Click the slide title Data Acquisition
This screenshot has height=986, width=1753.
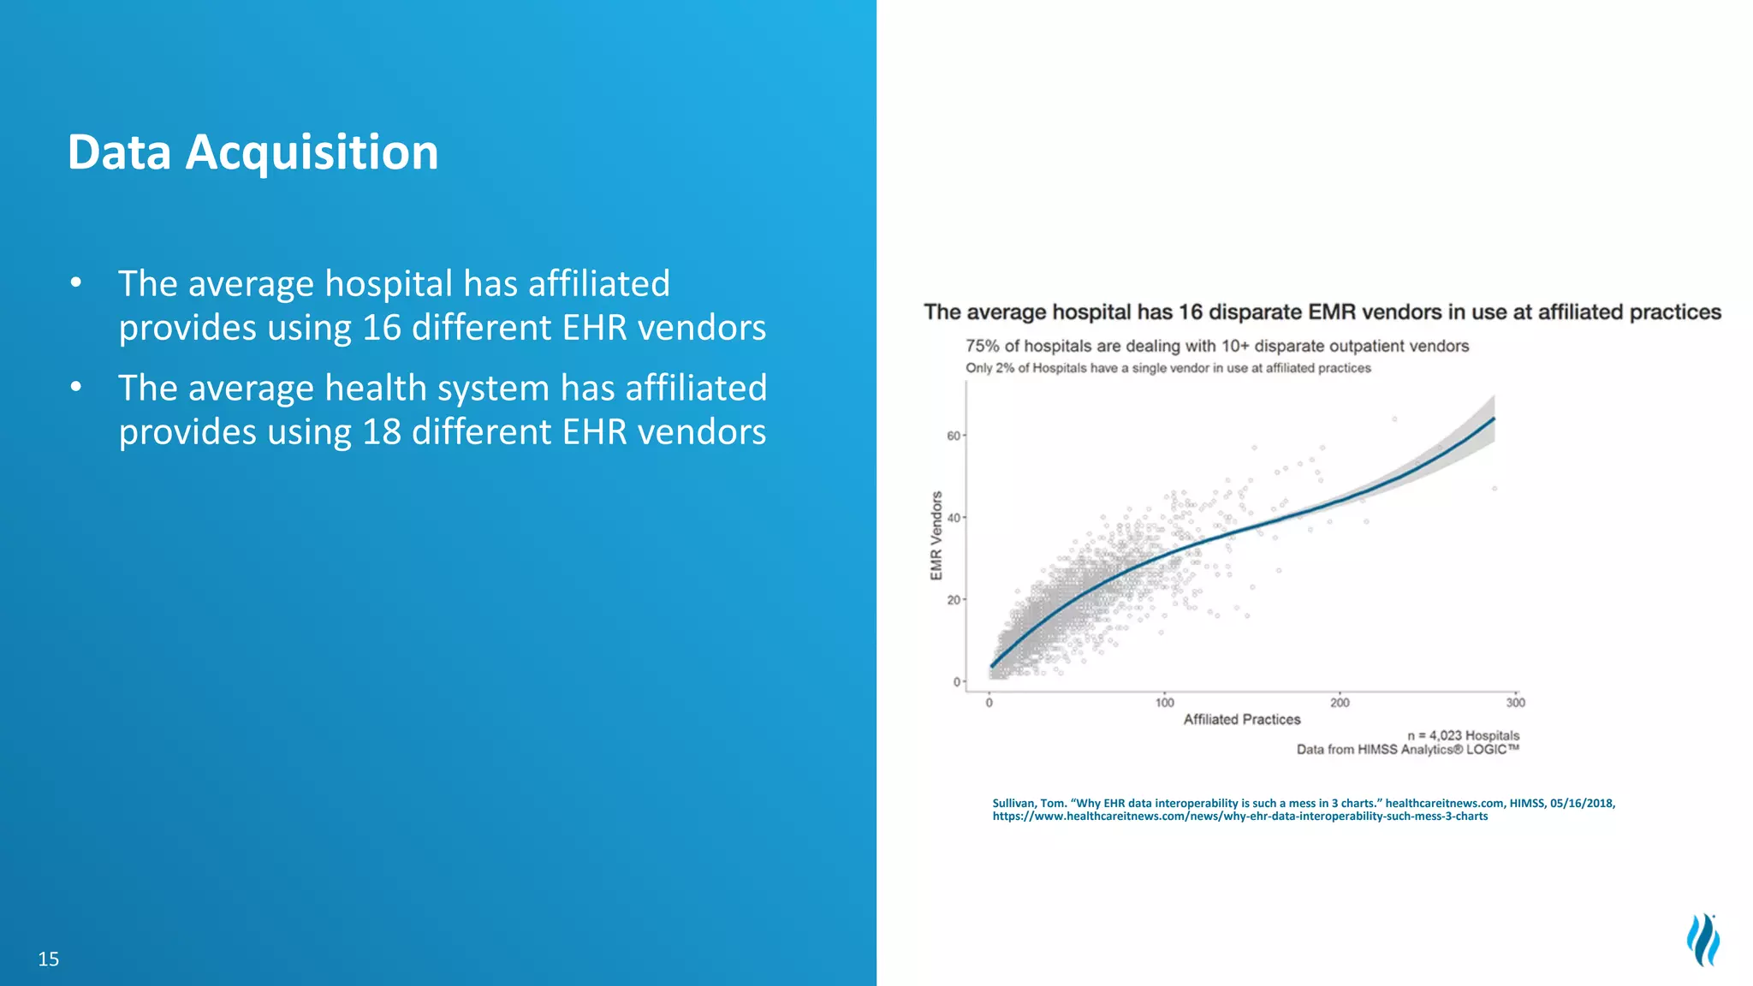[x=253, y=152]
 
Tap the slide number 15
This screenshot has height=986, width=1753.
[x=49, y=959]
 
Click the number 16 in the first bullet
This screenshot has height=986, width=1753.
[x=381, y=328]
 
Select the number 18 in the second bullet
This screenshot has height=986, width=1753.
[x=381, y=432]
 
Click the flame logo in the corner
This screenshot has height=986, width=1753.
[x=1702, y=940]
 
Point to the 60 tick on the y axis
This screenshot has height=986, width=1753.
[x=954, y=436]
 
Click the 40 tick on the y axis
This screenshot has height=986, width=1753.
[x=954, y=518]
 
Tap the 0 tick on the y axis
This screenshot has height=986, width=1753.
[x=957, y=682]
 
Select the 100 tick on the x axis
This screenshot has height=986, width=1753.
[x=1165, y=703]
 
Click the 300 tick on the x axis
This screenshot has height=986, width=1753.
[x=1515, y=703]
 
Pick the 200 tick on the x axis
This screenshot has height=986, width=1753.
[x=1340, y=703]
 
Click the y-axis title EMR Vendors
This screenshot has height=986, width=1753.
[x=936, y=536]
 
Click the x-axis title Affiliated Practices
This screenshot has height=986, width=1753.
[x=1241, y=720]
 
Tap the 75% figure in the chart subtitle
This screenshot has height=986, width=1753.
[x=983, y=346]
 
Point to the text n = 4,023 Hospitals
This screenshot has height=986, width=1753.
[x=1463, y=735]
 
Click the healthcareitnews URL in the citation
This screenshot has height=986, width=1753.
[x=1239, y=817]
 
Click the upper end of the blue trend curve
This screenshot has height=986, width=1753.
[x=1493, y=419]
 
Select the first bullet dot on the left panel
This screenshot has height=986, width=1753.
[x=76, y=282]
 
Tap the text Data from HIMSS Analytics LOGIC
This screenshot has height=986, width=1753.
[x=1407, y=750]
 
